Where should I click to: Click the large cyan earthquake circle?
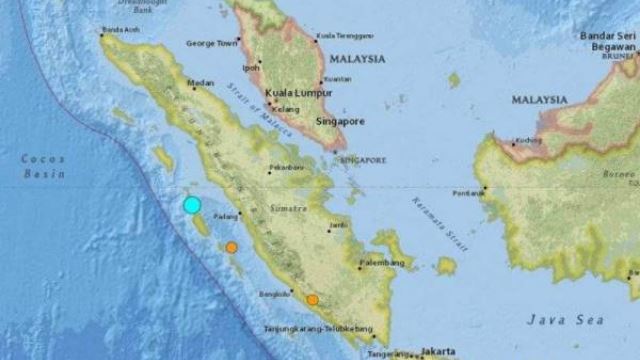click(x=192, y=206)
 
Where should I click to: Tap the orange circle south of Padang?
click(x=231, y=247)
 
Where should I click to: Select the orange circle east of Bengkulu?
click(x=313, y=299)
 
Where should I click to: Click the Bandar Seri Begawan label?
click(x=609, y=43)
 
